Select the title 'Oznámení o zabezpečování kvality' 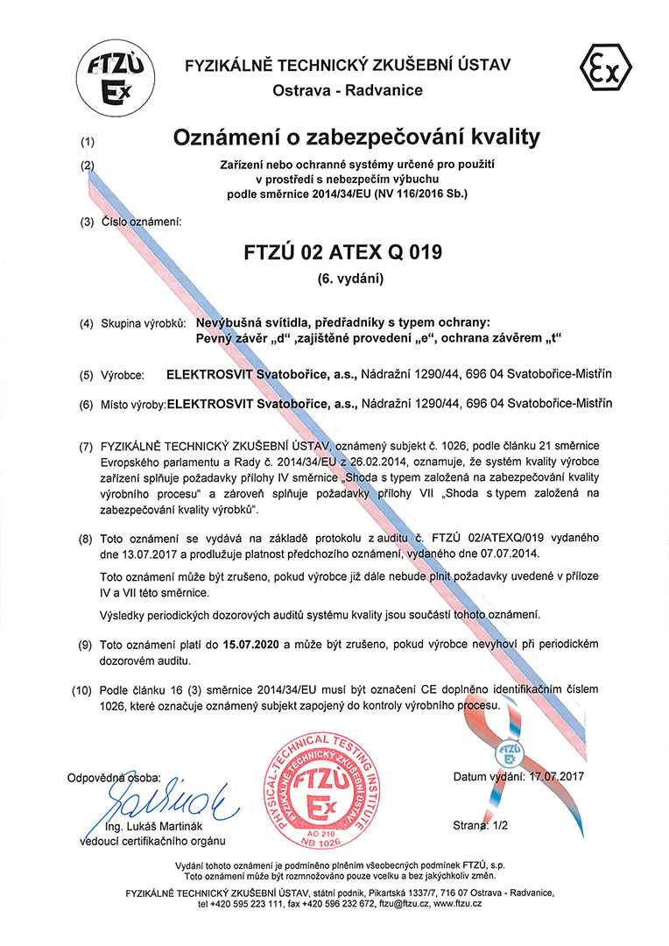pyautogui.click(x=356, y=138)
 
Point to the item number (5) pyautogui.click(x=86, y=375)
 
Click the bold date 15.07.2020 pyautogui.click(x=250, y=645)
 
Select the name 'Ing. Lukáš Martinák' pyautogui.click(x=154, y=828)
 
